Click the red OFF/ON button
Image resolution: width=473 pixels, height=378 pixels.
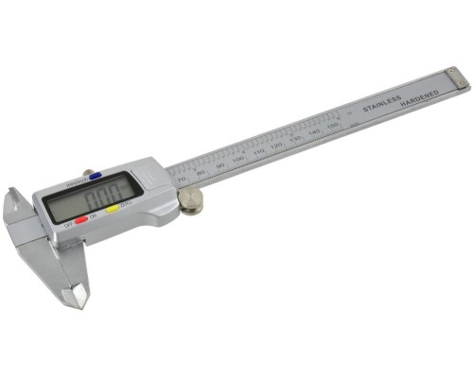click(x=81, y=219)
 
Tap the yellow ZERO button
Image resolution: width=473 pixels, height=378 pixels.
click(x=112, y=208)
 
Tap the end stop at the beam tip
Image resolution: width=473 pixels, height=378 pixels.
click(x=458, y=81)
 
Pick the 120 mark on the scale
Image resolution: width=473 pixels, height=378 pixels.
click(x=276, y=146)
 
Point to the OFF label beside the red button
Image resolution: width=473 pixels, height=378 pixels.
click(x=68, y=225)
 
